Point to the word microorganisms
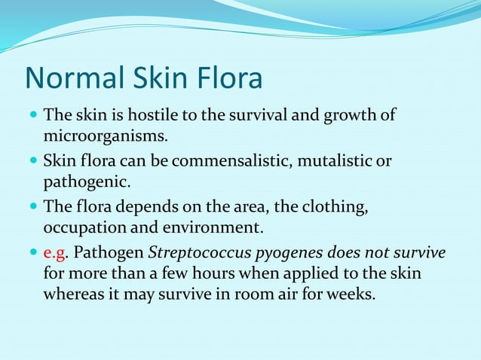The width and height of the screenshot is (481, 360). coord(104,137)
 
